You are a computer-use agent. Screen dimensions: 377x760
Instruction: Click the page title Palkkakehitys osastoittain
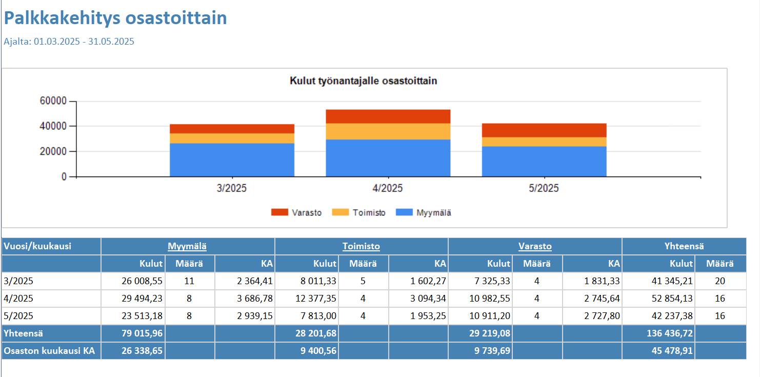(x=115, y=18)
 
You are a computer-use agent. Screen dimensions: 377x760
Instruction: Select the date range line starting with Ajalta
(x=69, y=42)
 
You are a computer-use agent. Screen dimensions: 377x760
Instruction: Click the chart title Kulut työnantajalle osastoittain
(x=363, y=81)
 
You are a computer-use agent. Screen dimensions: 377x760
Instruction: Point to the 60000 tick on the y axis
(x=53, y=101)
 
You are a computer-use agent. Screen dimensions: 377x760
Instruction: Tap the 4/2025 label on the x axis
(x=388, y=188)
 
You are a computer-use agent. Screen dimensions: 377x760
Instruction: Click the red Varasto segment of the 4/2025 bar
(x=388, y=116)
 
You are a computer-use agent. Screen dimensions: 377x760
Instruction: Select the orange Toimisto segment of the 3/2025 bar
(x=232, y=138)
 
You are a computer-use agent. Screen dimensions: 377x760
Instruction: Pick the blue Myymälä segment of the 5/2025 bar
(x=544, y=162)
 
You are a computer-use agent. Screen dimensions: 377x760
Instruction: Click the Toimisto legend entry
(x=359, y=212)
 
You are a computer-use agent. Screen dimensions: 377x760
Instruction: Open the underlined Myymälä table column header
(x=187, y=246)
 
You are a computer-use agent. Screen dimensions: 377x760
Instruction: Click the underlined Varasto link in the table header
(x=535, y=246)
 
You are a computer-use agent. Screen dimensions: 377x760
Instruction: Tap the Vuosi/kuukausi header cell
(x=37, y=246)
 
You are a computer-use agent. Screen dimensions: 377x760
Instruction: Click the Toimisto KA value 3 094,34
(x=428, y=299)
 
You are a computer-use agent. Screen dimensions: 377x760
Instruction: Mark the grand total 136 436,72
(x=671, y=333)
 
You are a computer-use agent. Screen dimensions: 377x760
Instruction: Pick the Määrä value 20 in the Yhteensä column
(x=720, y=281)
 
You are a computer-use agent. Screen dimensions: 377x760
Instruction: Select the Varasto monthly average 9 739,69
(x=489, y=351)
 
